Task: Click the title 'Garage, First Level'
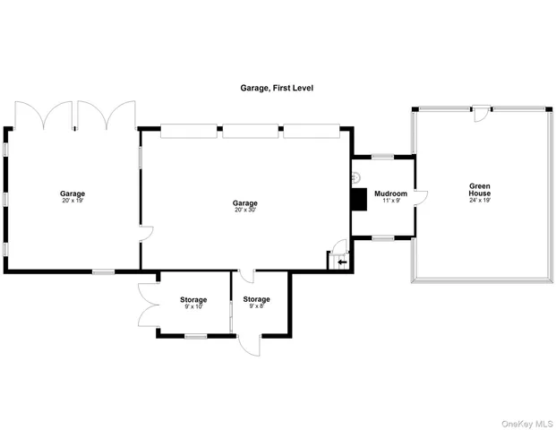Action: [276, 89]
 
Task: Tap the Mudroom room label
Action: [390, 193]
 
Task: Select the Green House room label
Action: [480, 190]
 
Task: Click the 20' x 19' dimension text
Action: [73, 202]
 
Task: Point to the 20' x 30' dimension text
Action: [245, 211]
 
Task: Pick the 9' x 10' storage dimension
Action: [193, 306]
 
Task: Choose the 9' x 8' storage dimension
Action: [257, 306]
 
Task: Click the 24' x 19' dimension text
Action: [480, 202]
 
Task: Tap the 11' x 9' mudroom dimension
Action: [390, 202]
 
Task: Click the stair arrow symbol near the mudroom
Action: [341, 262]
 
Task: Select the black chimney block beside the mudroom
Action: [359, 199]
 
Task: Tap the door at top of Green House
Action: [481, 114]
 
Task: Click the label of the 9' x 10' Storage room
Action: [193, 299]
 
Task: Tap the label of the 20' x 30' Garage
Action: [245, 203]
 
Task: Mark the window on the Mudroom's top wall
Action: [383, 157]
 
